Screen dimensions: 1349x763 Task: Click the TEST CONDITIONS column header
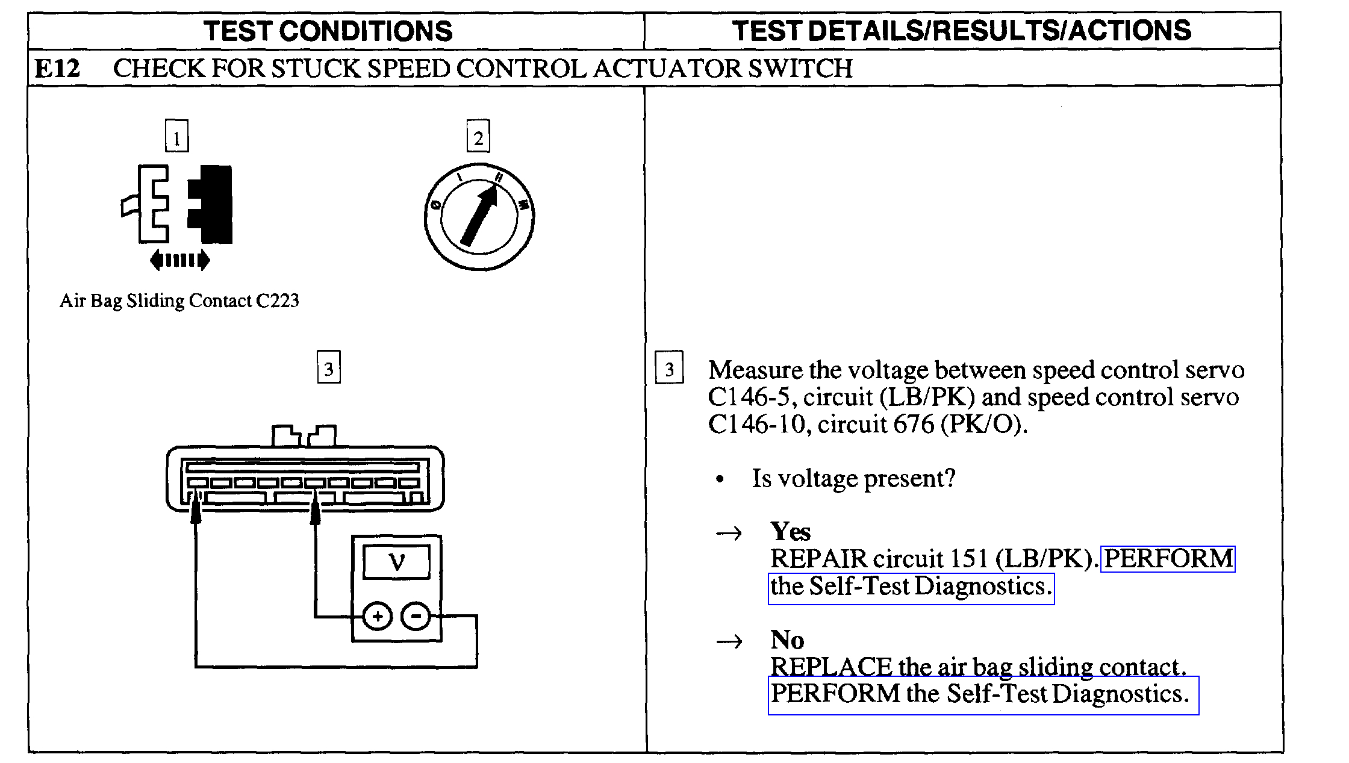(x=328, y=31)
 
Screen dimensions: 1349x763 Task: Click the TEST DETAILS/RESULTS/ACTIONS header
(x=961, y=31)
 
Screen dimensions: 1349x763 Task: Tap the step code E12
(x=57, y=69)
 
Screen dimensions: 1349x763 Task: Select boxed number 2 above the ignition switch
(x=478, y=137)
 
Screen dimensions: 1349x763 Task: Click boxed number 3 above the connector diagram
(x=328, y=367)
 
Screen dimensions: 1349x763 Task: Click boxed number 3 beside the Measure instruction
(x=669, y=367)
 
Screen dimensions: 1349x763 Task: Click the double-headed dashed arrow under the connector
(x=179, y=260)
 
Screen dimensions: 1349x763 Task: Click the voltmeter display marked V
(x=397, y=562)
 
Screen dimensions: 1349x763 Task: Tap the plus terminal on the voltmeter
(x=378, y=616)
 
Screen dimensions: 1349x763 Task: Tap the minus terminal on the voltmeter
(x=416, y=616)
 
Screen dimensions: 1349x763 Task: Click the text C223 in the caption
(x=277, y=301)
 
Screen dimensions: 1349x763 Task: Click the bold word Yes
(x=790, y=532)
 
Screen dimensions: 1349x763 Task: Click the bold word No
(x=787, y=640)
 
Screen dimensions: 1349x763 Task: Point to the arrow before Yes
(x=729, y=533)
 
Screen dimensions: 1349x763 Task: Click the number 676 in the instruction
(x=913, y=425)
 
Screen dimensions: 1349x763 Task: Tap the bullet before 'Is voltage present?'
(x=720, y=479)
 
